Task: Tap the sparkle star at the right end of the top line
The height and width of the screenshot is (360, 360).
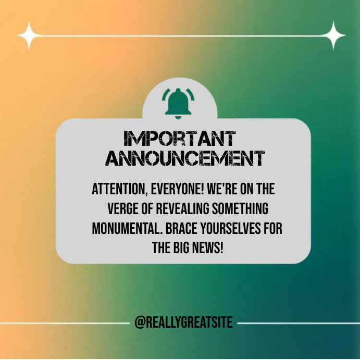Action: pyautogui.click(x=332, y=35)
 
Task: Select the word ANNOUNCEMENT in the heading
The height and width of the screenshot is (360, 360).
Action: pyautogui.click(x=185, y=158)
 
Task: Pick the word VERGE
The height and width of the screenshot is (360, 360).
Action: pyautogui.click(x=123, y=209)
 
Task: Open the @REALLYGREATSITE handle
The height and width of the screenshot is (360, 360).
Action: pyautogui.click(x=183, y=323)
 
